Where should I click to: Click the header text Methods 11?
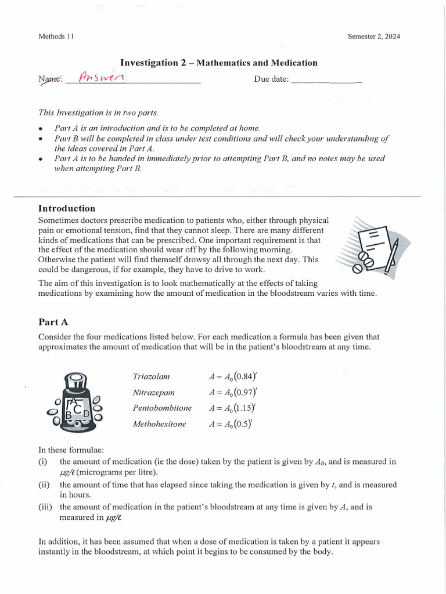[56, 37]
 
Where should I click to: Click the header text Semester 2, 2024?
[373, 37]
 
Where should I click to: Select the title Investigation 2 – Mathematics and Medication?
[218, 63]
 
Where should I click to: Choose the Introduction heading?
[67, 208]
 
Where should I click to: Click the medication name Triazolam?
[152, 376]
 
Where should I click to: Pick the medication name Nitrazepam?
[153, 392]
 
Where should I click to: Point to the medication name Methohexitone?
[160, 424]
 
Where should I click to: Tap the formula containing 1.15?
[232, 408]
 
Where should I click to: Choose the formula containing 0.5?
[230, 424]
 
